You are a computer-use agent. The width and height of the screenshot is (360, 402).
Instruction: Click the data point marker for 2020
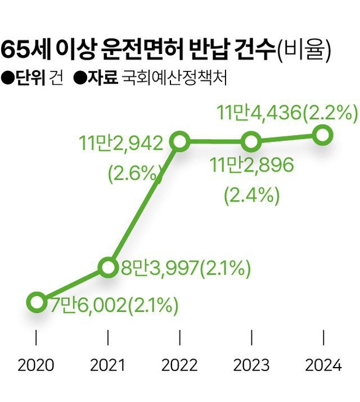[x=36, y=302]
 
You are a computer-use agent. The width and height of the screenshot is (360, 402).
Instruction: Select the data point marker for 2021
[x=108, y=267]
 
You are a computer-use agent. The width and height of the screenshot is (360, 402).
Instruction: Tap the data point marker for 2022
[x=179, y=141]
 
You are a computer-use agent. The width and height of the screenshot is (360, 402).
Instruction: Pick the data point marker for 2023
[x=251, y=141]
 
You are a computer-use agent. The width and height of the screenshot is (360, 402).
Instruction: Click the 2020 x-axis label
[x=36, y=366]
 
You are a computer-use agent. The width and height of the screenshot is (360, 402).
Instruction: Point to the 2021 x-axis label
[x=108, y=366]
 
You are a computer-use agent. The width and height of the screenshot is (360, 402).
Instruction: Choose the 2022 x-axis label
[x=179, y=366]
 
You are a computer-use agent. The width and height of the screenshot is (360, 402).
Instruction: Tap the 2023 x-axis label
[x=251, y=366]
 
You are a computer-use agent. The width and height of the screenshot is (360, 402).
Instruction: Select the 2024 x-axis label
[x=323, y=366]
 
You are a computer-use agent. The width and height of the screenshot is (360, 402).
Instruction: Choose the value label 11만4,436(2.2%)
[x=287, y=114]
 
